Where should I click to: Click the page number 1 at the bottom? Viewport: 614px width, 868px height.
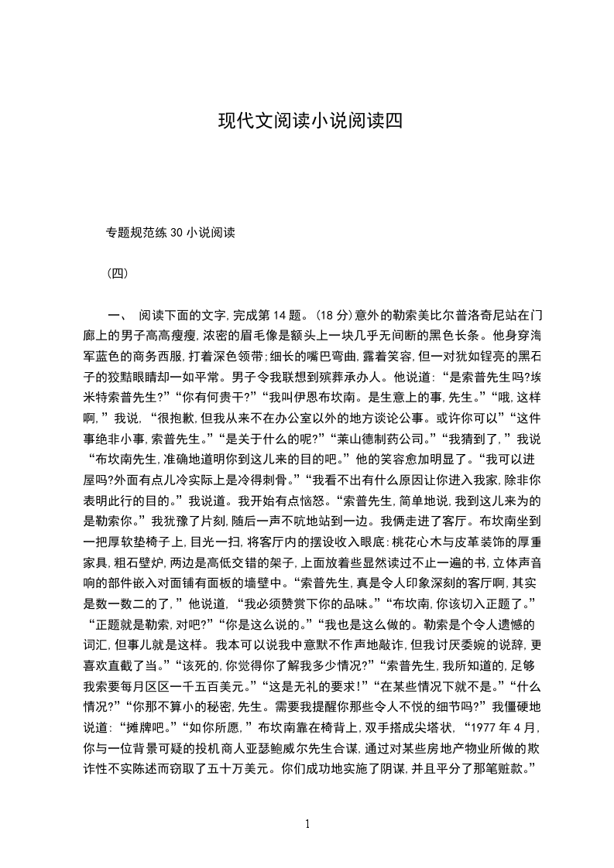click(x=307, y=824)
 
